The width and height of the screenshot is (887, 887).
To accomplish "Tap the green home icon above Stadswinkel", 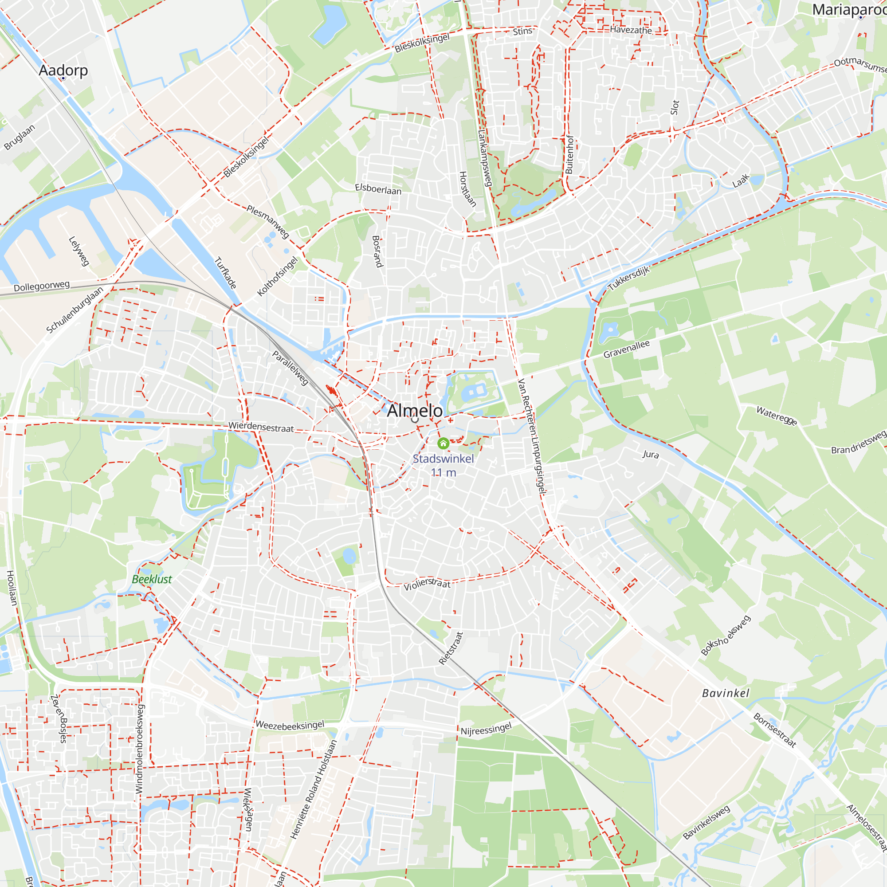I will (x=443, y=443).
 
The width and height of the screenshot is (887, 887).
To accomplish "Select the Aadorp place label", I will (x=63, y=70).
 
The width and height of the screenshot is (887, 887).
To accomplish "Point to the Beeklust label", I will (x=152, y=579).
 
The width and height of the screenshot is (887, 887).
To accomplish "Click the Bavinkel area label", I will (x=726, y=693).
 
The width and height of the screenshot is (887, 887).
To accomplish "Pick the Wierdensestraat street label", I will (x=261, y=427).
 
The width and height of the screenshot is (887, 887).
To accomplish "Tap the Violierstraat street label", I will (x=427, y=584).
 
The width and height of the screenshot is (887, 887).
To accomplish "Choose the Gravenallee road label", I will (x=626, y=349).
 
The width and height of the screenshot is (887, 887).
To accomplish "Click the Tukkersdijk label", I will (x=629, y=278).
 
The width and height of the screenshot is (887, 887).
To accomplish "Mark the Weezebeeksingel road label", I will (x=290, y=725).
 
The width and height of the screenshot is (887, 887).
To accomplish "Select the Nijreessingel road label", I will (x=486, y=729).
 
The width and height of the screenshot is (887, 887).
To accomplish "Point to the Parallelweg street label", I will (x=290, y=367).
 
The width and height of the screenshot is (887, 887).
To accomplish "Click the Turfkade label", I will (x=225, y=273).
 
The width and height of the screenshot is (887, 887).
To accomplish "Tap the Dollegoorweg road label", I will (x=41, y=287).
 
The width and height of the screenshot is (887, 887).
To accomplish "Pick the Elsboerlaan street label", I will (x=378, y=188).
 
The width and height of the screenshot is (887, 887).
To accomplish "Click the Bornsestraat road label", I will (x=774, y=730).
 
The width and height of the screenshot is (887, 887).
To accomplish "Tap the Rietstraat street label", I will (x=451, y=648).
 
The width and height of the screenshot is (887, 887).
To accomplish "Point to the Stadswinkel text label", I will (x=443, y=459).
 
